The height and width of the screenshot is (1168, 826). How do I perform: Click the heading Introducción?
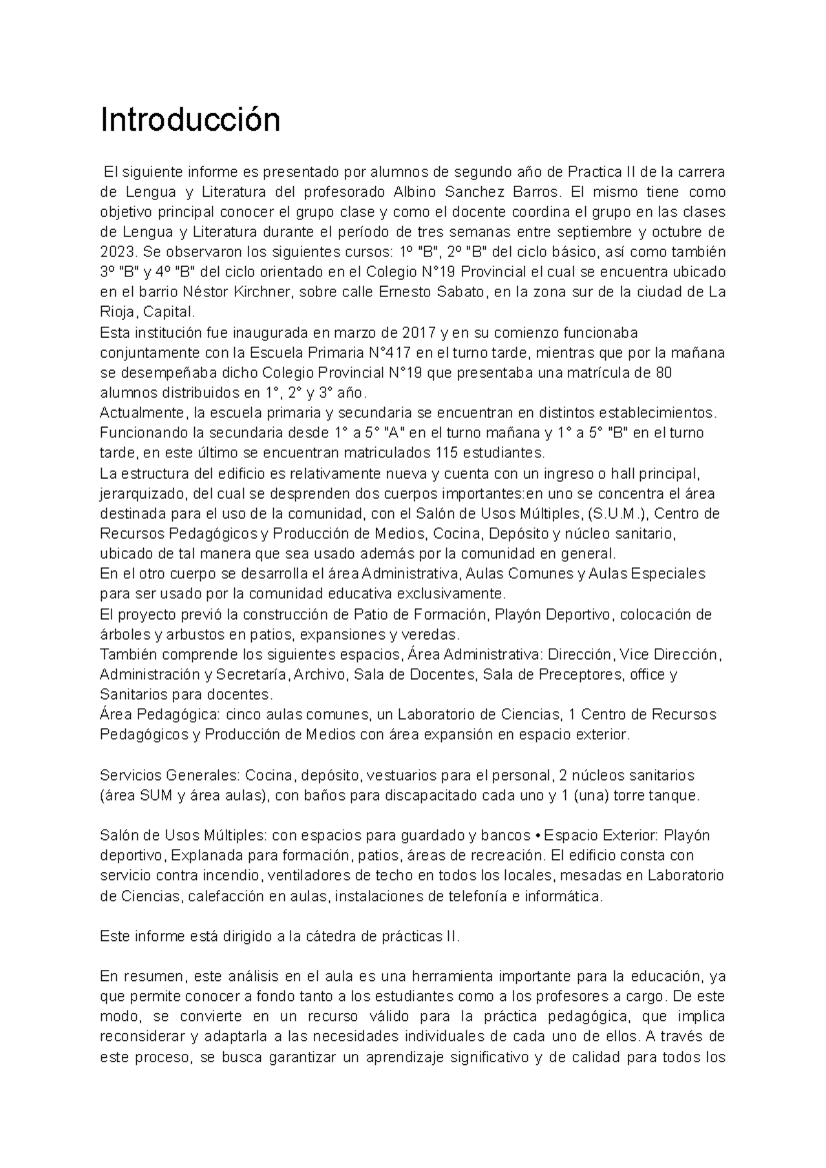click(191, 121)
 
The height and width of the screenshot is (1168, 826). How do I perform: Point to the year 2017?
click(420, 333)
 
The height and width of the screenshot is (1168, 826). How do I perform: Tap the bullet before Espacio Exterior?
click(537, 836)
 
